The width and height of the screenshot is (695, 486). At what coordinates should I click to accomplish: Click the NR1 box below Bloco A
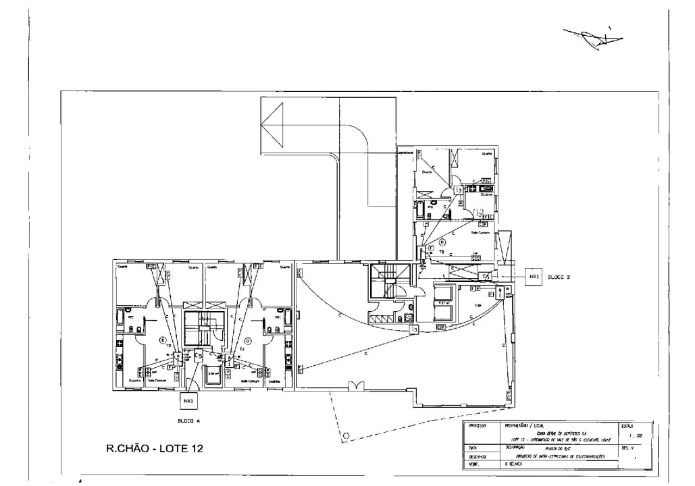[x=188, y=401]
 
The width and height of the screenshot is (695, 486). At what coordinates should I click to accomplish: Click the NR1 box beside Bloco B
[x=533, y=277]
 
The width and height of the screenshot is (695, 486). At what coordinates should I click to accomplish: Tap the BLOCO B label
[x=559, y=277]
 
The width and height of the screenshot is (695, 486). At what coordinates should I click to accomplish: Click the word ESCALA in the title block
[x=627, y=427]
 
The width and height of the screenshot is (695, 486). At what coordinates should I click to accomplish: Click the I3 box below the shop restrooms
[x=414, y=329]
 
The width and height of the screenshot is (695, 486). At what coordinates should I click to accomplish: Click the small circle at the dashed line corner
[x=346, y=435]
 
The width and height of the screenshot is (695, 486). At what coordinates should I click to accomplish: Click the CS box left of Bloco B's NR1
[x=486, y=276]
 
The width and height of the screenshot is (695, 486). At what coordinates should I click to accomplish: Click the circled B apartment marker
[x=442, y=241]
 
